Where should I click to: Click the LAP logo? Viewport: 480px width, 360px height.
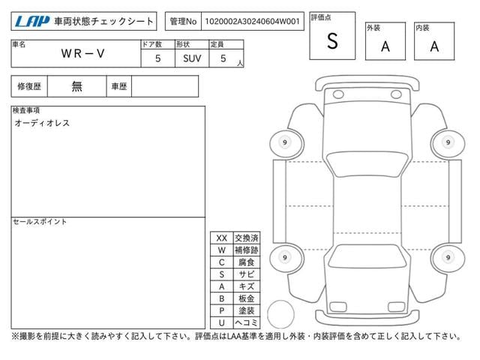click(x=32, y=22)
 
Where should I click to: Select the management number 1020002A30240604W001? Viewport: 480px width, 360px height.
click(x=252, y=22)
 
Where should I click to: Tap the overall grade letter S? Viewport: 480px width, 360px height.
click(x=332, y=41)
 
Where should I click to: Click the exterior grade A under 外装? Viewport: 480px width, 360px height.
click(x=385, y=46)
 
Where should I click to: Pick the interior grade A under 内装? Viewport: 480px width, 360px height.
click(x=434, y=46)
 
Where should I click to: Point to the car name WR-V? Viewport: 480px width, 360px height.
click(x=83, y=54)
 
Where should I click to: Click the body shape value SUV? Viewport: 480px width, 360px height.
click(x=192, y=58)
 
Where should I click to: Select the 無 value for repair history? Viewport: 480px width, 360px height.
click(x=76, y=86)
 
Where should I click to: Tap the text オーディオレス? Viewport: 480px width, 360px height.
click(x=42, y=123)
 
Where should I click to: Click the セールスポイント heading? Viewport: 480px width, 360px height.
click(x=40, y=222)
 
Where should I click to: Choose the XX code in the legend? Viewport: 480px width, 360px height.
click(x=222, y=238)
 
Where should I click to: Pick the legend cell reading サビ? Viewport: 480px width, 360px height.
click(x=247, y=274)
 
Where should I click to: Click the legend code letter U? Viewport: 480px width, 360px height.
click(x=222, y=322)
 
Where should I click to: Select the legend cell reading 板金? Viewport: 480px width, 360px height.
click(x=247, y=298)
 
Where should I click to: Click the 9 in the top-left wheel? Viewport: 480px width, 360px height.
click(x=285, y=142)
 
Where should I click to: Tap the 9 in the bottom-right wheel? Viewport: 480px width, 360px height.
click(x=448, y=257)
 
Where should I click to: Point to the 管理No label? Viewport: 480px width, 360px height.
click(x=183, y=22)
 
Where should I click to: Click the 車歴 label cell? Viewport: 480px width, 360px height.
click(x=119, y=86)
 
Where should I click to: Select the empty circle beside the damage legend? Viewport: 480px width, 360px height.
click(x=280, y=314)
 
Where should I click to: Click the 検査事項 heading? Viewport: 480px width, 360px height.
click(x=26, y=110)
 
